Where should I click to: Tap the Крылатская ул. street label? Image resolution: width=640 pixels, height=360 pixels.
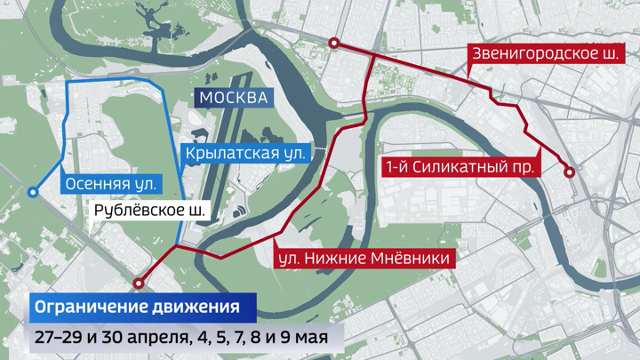coord(245,153)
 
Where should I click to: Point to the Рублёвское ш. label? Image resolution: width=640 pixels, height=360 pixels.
coord(149,212)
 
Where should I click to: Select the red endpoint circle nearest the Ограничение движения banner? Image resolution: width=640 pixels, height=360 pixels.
coord(138,284)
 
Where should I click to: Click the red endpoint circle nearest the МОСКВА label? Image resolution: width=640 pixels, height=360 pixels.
coord(333,44)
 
